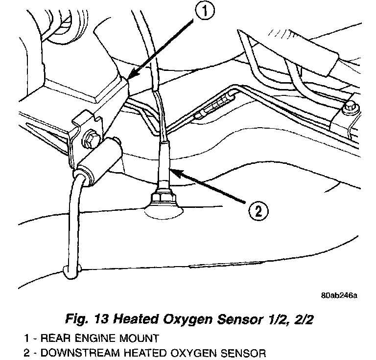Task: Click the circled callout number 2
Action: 258,211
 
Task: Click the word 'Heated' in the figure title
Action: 137,320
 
